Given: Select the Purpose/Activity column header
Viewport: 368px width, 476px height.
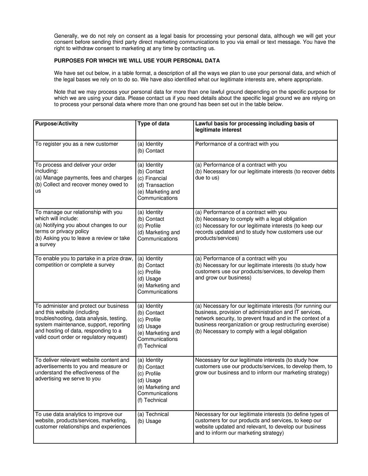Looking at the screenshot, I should click(57, 124).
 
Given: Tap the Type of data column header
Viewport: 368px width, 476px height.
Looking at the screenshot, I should click(153, 124).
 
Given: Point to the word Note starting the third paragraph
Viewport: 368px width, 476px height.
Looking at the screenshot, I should click(60, 92).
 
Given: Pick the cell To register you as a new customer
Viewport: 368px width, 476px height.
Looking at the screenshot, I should click(77, 144).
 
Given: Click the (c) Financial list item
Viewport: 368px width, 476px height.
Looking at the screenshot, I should click(152, 178).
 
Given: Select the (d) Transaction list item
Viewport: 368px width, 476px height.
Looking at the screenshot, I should click(156, 185).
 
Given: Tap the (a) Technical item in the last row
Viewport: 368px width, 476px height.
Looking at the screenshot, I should click(153, 414).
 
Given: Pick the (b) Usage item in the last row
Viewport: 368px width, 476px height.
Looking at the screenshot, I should click(149, 421).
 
